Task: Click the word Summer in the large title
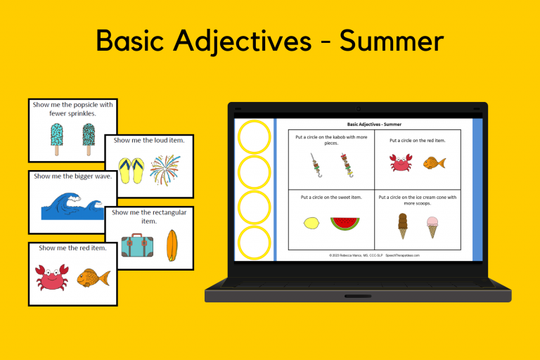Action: [x=391, y=41]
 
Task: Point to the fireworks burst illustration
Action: [x=165, y=170]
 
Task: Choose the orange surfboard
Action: [x=169, y=246]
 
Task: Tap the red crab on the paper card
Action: [x=51, y=277]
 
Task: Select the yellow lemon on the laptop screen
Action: [x=311, y=224]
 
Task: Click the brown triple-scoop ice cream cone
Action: [x=403, y=224]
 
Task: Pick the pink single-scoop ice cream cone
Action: [x=432, y=226]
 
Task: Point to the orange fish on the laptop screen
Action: [x=434, y=164]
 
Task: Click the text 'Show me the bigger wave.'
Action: [x=72, y=176]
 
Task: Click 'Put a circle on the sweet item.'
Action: [x=331, y=198]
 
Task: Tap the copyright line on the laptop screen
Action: [x=374, y=255]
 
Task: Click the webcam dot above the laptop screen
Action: [x=358, y=109]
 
